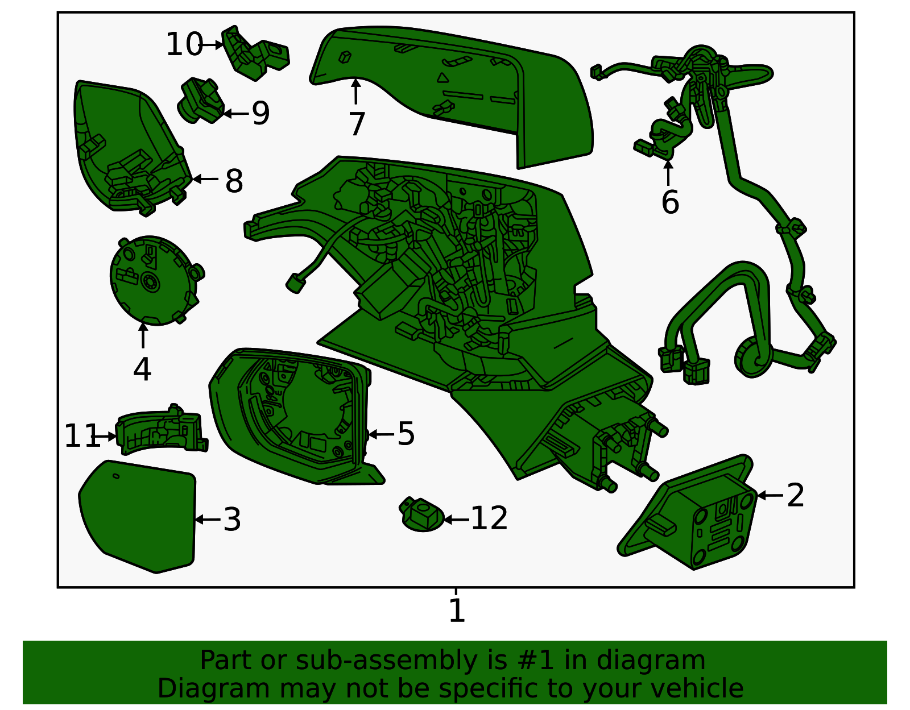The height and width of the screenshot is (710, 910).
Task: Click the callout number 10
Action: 184,44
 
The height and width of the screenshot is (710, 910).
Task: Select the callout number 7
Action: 357,124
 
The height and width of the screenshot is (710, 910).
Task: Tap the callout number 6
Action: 670,202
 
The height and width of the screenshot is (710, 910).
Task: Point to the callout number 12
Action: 489,518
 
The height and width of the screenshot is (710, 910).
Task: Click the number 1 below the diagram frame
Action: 457,611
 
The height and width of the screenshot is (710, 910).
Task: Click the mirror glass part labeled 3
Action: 138,517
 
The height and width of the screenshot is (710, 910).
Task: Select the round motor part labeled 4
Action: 155,280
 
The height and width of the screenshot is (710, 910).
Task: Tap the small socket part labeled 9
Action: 201,101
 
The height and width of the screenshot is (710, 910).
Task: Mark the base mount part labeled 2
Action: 691,513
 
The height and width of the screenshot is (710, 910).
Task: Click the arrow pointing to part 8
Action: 205,179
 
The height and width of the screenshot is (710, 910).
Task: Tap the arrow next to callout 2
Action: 770,495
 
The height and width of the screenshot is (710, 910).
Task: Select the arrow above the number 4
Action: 143,335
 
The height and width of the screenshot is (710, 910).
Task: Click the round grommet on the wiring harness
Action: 754,358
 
